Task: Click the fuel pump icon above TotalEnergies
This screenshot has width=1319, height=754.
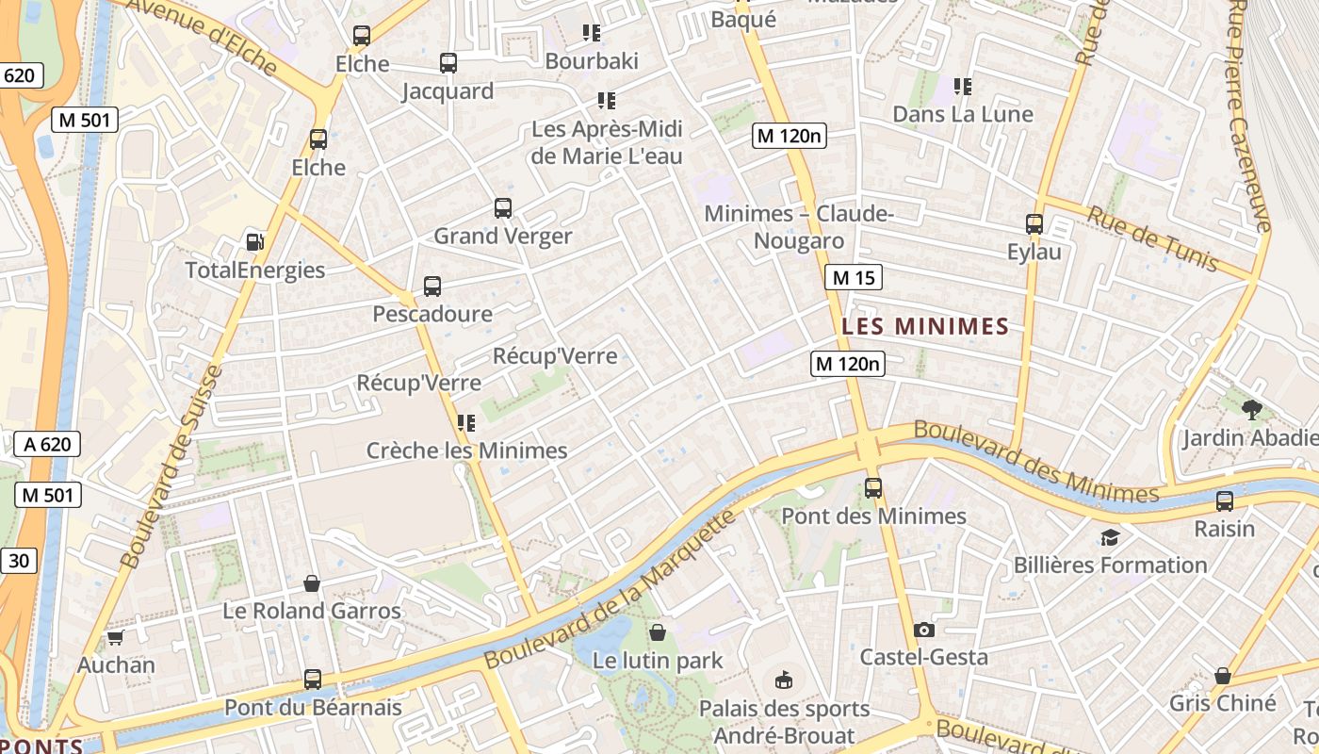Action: tap(254, 241)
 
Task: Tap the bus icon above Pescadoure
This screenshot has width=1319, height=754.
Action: tap(432, 286)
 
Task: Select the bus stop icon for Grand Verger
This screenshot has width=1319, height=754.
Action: tap(503, 208)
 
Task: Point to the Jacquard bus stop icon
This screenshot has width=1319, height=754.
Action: tap(448, 63)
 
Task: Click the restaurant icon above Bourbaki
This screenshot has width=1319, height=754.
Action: tap(592, 33)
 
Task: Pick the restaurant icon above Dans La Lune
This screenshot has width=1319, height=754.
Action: tap(963, 87)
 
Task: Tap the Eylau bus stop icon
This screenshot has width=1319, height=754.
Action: tap(1034, 224)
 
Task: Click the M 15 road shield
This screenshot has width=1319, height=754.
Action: tap(854, 277)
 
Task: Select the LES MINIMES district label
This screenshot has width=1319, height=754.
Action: tap(925, 327)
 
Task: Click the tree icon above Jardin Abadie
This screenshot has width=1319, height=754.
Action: tap(1252, 409)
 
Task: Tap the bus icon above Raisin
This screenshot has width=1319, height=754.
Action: tap(1225, 500)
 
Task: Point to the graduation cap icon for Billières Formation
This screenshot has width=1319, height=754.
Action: tap(1110, 537)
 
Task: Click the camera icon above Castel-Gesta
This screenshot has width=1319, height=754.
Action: tap(924, 630)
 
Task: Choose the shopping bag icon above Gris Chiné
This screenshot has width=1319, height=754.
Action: tap(1223, 676)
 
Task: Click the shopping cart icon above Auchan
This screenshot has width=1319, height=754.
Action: tap(116, 638)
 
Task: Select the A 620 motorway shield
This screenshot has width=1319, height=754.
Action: tap(48, 444)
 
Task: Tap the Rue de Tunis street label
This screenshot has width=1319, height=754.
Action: tap(1153, 238)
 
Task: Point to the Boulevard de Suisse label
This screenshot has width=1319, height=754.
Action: tap(172, 467)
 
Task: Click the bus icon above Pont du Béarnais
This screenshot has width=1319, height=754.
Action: tap(313, 679)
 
